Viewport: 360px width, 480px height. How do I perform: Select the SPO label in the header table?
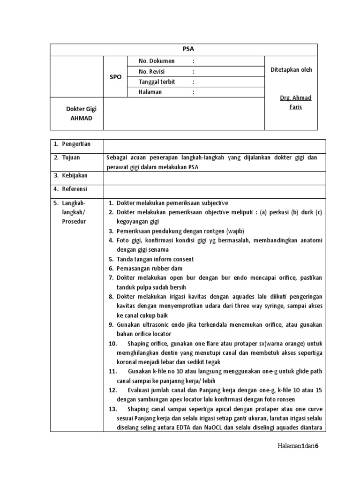pyautogui.click(x=115, y=77)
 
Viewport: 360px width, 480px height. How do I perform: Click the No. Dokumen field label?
pyautogui.click(x=157, y=61)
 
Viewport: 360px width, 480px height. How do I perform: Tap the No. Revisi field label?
pyautogui.click(x=153, y=72)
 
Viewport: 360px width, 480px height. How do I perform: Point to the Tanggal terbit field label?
pyautogui.click(x=157, y=82)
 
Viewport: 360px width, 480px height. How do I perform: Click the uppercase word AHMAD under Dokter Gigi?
pyautogui.click(x=81, y=118)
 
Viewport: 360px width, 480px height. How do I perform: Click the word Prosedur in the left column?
pyautogui.click(x=74, y=221)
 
